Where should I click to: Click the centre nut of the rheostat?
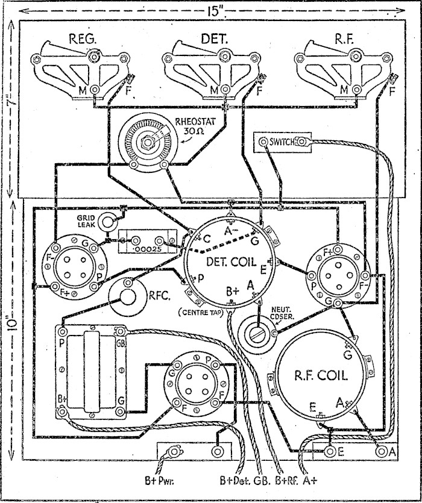click(145, 144)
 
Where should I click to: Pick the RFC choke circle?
click(128, 296)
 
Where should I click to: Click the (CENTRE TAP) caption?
click(204, 312)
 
